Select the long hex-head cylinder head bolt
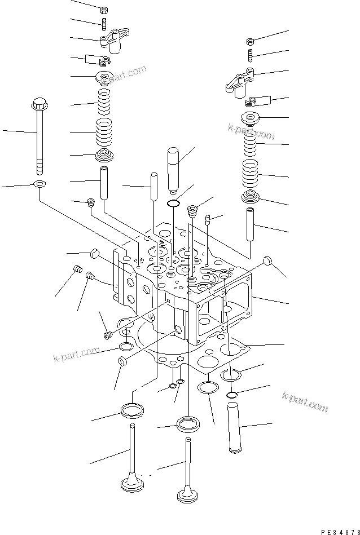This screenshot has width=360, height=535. pos(39,135)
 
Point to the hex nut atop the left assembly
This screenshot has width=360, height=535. pos(104,10)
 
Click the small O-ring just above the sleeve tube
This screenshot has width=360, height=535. pos(231,395)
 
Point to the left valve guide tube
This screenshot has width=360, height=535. pos(104,182)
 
